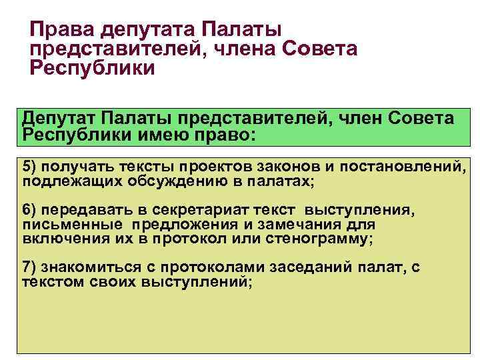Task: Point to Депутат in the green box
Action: click(x=59, y=118)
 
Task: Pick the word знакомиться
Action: click(x=83, y=268)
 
